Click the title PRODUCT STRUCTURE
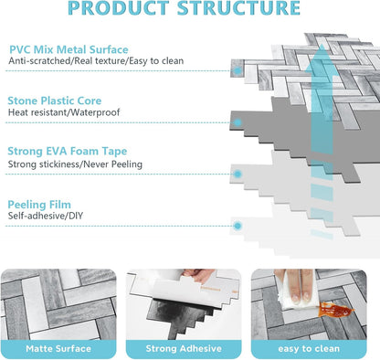click(184, 7)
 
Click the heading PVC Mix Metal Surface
click(69, 49)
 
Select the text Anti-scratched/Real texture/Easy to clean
click(96, 61)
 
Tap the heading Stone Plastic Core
click(55, 101)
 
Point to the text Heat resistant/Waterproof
click(64, 112)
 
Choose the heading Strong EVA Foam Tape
click(68, 151)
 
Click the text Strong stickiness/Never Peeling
click(75, 164)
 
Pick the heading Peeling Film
click(39, 205)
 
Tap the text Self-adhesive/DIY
click(46, 216)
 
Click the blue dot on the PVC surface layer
click(237, 70)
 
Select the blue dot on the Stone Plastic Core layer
click(237, 122)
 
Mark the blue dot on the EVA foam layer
click(237, 175)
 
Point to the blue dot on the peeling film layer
click(237, 226)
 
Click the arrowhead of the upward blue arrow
click(322, 57)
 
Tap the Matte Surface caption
click(58, 349)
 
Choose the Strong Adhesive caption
click(184, 349)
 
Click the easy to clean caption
click(309, 349)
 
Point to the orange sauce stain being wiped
click(334, 310)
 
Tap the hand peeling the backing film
click(199, 275)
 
